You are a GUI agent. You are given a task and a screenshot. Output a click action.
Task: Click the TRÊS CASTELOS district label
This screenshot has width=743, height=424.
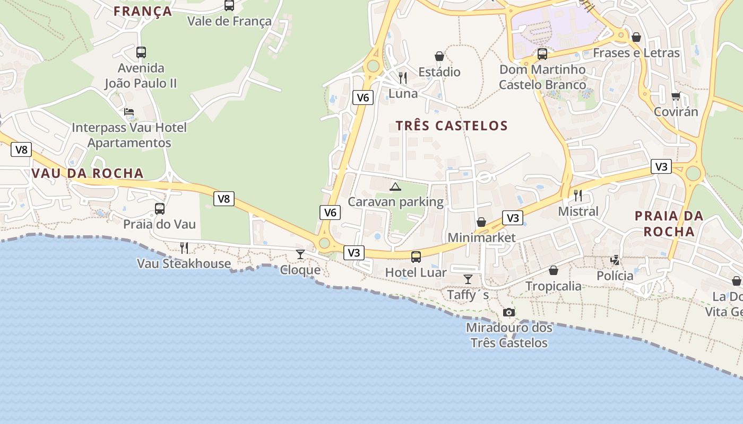click(452, 126)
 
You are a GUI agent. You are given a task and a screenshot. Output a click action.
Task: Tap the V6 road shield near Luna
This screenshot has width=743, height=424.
click(363, 97)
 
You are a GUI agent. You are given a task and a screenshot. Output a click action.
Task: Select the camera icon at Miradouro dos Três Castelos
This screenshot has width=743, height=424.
click(509, 313)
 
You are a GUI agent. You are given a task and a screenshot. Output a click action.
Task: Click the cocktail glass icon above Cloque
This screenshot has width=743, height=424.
click(300, 254)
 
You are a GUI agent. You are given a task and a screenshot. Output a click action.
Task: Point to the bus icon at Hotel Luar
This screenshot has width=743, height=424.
click(416, 257)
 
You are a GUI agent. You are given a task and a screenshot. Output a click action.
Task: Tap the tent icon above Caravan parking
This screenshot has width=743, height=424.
click(395, 187)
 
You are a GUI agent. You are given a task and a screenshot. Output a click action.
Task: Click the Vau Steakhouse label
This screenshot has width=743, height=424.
click(184, 263)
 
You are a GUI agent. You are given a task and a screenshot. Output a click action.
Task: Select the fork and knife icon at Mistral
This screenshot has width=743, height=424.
click(578, 196)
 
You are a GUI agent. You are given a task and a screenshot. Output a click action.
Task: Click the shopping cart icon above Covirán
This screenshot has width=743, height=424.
click(676, 96)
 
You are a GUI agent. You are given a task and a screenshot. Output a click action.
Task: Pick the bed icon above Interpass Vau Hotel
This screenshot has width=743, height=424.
click(129, 112)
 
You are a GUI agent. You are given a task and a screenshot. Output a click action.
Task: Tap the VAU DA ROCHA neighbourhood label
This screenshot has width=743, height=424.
click(88, 173)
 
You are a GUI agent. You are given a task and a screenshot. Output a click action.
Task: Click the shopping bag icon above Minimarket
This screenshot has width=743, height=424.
click(481, 222)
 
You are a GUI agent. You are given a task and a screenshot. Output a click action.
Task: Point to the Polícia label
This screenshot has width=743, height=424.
click(615, 276)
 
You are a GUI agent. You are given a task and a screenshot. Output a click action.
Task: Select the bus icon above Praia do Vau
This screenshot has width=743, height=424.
click(160, 209)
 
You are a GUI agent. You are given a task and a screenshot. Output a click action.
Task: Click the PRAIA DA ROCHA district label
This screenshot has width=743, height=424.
click(669, 224)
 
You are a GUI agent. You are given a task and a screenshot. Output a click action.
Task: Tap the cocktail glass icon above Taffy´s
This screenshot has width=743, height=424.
click(468, 279)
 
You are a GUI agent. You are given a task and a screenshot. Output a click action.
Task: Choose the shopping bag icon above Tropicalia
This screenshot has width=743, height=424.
click(554, 271)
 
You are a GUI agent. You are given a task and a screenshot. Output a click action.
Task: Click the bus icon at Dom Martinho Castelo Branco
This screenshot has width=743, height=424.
click(542, 54)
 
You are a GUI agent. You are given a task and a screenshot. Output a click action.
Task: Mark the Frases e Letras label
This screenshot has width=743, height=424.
click(636, 53)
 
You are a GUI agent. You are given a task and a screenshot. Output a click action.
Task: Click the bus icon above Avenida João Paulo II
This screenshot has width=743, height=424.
click(141, 52)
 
